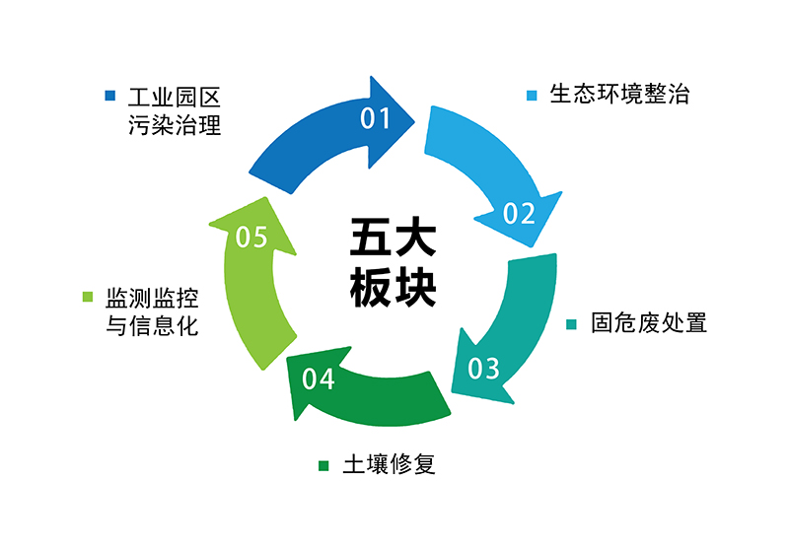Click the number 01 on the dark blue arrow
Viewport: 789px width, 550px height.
[x=376, y=119]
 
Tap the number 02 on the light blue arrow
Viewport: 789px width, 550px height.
[x=519, y=213]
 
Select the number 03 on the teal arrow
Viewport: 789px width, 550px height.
[x=483, y=369]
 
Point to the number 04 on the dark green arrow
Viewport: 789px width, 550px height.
[x=319, y=378]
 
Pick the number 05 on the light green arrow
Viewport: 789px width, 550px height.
[x=252, y=238]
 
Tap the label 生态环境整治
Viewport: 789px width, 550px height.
[x=619, y=95]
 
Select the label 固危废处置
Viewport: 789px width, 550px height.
[x=649, y=323]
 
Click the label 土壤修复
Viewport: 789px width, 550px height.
[x=389, y=464]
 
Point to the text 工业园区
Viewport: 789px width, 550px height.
[x=172, y=97]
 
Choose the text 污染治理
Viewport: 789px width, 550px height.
[x=172, y=125]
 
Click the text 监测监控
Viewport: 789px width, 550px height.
[x=152, y=297]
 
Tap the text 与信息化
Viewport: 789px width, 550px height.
[x=152, y=325]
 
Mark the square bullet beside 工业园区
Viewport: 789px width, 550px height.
[x=111, y=97]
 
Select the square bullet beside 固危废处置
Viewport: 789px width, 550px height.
[x=573, y=324]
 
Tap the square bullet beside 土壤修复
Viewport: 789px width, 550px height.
[x=323, y=465]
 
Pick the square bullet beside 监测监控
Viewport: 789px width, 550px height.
[x=88, y=297]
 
